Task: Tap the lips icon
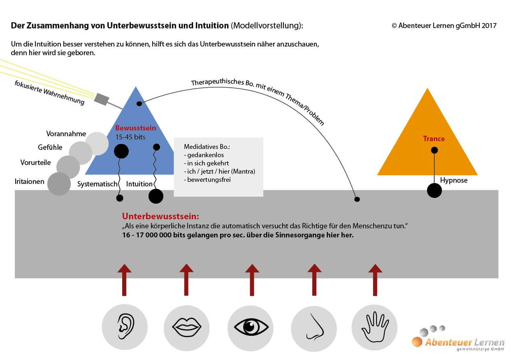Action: (x=187, y=327)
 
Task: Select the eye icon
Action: (x=251, y=327)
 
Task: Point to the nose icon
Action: (x=315, y=327)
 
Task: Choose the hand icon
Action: (x=375, y=327)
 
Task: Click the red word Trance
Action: (x=434, y=139)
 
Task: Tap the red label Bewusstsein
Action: (x=135, y=128)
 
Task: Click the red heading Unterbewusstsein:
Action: (x=160, y=216)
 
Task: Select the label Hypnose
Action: (x=454, y=180)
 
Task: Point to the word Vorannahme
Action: (x=66, y=133)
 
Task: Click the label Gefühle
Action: (x=50, y=147)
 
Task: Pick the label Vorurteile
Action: (x=35, y=163)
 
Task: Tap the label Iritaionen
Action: (x=30, y=181)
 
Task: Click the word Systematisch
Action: (x=97, y=184)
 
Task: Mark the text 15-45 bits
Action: (x=130, y=137)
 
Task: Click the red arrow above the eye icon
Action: (x=252, y=280)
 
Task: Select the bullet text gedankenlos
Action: (x=205, y=155)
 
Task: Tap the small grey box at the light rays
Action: (x=102, y=99)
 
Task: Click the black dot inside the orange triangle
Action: (x=434, y=150)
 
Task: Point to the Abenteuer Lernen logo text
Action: (x=465, y=342)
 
